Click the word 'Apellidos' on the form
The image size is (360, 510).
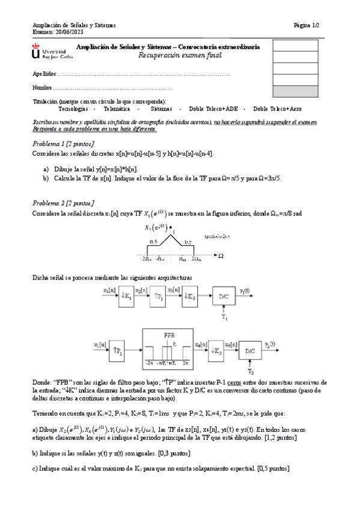click(x=44, y=73)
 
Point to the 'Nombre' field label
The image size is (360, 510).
click(x=42, y=88)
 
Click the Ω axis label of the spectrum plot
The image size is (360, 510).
click(x=221, y=256)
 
